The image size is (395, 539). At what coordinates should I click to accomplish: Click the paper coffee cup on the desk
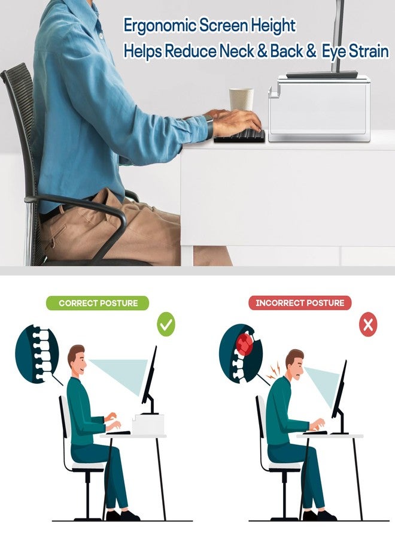point(241,99)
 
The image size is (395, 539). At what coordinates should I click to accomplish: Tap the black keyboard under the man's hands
point(240,136)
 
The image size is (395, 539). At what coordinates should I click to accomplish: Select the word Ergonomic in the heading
point(160,26)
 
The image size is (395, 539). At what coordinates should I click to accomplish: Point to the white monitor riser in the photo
point(320,108)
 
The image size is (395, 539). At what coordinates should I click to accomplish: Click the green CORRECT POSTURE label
point(98,303)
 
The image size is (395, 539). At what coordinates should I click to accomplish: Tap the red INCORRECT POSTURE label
point(300,303)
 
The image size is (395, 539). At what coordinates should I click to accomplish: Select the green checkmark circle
point(166,324)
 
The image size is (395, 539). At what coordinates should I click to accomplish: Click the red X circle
point(368,324)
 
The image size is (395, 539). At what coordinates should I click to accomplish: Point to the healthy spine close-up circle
point(37,355)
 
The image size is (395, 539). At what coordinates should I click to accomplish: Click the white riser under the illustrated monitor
point(148,424)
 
